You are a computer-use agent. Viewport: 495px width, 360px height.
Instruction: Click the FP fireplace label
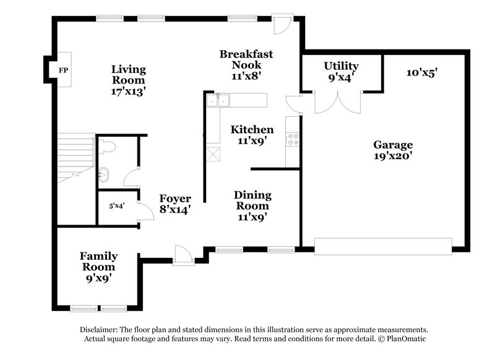point(63,71)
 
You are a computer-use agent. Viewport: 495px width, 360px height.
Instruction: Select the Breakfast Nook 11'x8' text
point(246,65)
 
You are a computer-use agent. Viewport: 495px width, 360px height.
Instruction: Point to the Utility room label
point(341,72)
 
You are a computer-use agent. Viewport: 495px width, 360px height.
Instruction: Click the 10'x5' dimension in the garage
point(422,72)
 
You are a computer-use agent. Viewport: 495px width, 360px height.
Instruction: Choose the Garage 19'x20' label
point(393,150)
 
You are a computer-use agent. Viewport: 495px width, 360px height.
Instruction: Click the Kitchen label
point(252,135)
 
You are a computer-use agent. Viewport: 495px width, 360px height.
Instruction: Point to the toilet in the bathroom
point(106,147)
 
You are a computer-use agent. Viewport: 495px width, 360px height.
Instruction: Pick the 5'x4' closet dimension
point(116,205)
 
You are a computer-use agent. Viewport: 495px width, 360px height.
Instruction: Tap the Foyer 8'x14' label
point(174,204)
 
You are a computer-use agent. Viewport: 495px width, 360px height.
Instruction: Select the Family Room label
point(98,267)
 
